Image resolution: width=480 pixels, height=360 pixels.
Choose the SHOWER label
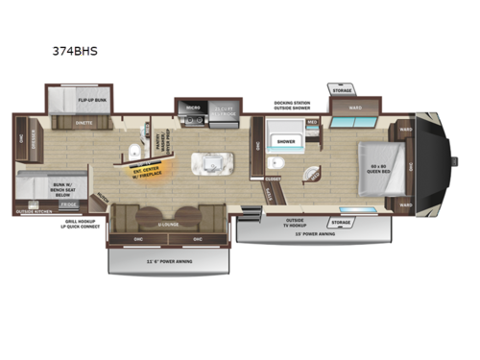pos(285,141)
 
